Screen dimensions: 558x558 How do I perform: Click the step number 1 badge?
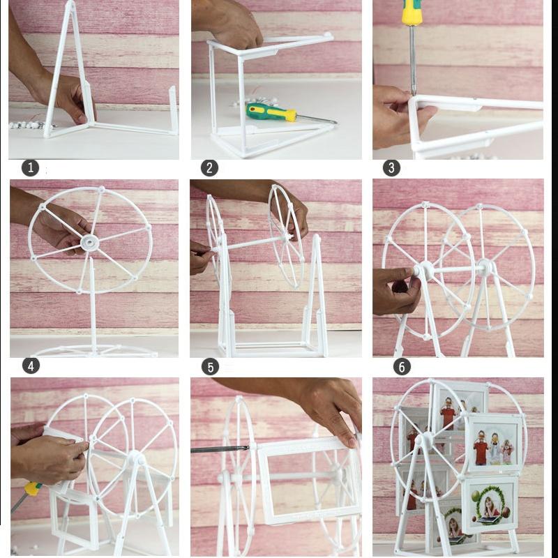(30, 167)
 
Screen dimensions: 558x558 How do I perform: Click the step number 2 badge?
(209, 167)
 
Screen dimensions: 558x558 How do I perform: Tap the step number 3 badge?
(391, 167)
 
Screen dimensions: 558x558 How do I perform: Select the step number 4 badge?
(31, 365)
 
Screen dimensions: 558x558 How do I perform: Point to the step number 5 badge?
(210, 367)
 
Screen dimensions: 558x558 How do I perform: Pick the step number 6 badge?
(402, 366)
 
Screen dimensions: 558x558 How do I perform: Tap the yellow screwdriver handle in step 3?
(412, 12)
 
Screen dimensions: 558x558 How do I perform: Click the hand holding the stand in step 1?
(66, 94)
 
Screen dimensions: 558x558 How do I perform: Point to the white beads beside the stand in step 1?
(27, 125)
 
